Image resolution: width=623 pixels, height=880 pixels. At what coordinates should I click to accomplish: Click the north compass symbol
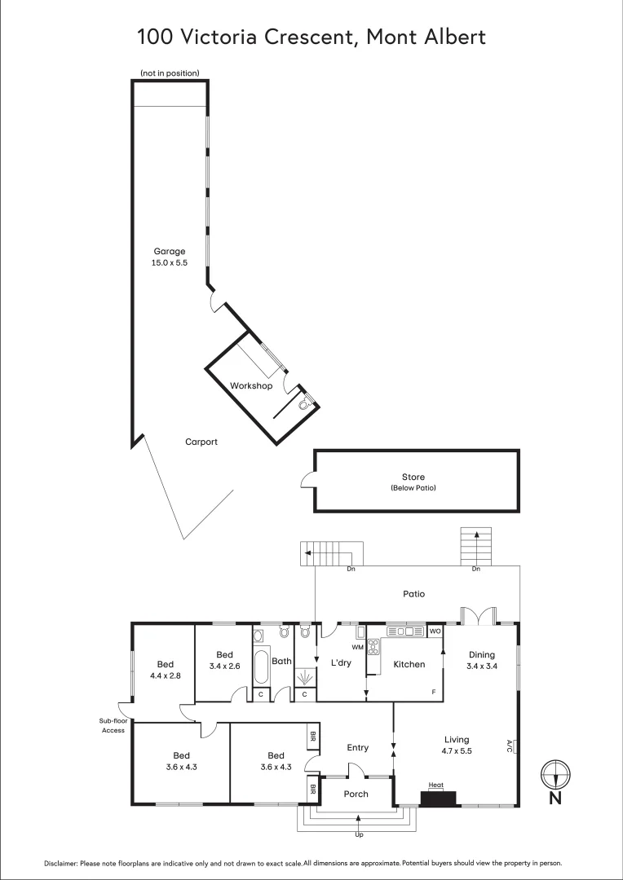(555, 772)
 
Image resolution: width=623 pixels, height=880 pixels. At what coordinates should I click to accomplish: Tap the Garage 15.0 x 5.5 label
(170, 257)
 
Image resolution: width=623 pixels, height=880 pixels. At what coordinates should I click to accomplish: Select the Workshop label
(250, 385)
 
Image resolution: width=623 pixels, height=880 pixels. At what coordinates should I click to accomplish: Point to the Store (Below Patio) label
(413, 482)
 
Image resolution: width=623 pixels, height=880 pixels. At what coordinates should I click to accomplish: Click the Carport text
(201, 442)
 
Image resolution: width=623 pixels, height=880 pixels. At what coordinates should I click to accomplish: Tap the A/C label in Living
(510, 745)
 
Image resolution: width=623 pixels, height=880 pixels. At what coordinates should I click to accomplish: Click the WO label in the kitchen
(435, 631)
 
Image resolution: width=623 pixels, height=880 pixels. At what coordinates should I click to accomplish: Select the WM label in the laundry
(357, 647)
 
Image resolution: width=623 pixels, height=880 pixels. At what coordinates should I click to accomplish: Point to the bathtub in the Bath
(262, 667)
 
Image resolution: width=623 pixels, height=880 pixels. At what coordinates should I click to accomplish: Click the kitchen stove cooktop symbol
(374, 648)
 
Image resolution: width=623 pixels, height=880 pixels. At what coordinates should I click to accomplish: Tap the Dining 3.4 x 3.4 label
(481, 660)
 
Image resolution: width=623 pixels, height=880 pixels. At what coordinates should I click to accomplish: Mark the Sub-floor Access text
(113, 725)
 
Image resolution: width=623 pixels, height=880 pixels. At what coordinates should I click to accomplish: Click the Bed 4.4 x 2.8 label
(163, 670)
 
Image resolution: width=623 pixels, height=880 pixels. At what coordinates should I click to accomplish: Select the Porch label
(356, 794)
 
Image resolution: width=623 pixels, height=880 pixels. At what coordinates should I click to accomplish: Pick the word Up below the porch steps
(359, 835)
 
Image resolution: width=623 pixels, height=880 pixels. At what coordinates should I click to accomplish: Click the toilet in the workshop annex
(305, 403)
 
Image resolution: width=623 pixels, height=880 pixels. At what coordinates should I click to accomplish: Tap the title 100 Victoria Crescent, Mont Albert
(311, 37)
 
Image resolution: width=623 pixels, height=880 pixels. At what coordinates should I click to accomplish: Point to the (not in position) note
(170, 73)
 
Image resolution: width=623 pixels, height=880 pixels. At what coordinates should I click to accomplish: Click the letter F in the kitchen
(433, 692)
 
